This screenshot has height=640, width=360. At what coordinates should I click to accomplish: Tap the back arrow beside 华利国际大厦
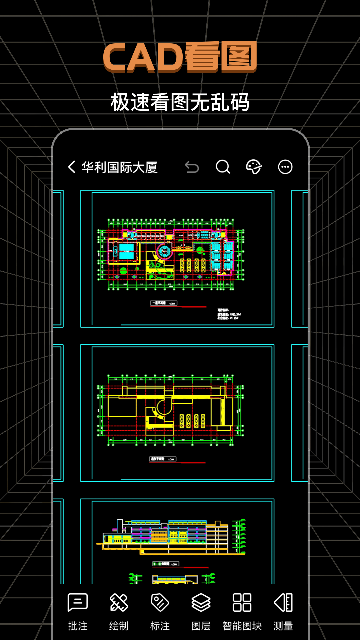71,167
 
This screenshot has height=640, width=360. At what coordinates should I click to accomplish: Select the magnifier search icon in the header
223,167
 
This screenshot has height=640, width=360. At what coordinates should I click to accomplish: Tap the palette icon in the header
254,167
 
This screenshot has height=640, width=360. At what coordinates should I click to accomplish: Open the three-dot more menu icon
285,167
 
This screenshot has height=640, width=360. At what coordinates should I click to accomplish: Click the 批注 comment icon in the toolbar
77,602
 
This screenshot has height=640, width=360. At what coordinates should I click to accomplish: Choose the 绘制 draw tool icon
118,602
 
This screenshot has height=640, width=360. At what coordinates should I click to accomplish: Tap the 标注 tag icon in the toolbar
159,602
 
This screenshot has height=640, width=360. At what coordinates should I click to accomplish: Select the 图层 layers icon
200,602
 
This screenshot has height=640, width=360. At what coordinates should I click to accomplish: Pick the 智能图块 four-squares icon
242,602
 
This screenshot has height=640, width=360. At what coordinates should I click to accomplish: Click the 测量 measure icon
283,602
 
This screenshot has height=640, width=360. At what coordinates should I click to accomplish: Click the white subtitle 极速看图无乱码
180,102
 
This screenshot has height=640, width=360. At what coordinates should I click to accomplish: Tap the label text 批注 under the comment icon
77,626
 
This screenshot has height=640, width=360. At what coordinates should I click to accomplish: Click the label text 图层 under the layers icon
200,626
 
